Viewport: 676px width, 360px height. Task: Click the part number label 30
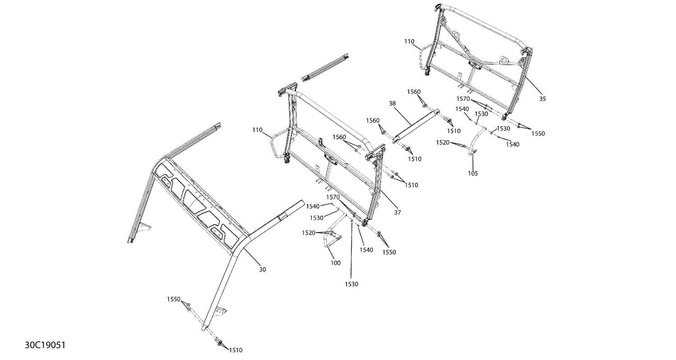point(262,269)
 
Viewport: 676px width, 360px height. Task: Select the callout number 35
point(542,99)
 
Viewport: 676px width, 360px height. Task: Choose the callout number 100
point(335,263)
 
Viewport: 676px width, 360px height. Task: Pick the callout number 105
point(473,173)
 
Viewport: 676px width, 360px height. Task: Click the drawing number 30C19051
point(45,345)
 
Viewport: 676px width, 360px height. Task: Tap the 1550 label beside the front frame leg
point(174,299)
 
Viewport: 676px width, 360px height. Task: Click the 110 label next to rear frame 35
point(409,41)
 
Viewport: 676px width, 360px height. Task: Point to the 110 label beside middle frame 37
point(258,130)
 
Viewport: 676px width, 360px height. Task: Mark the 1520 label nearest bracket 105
point(443,142)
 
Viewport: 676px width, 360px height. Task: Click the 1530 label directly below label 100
point(352,284)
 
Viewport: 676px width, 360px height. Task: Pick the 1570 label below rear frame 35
point(463,98)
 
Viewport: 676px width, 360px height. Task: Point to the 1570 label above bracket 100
point(333,197)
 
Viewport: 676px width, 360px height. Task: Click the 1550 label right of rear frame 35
point(538,133)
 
